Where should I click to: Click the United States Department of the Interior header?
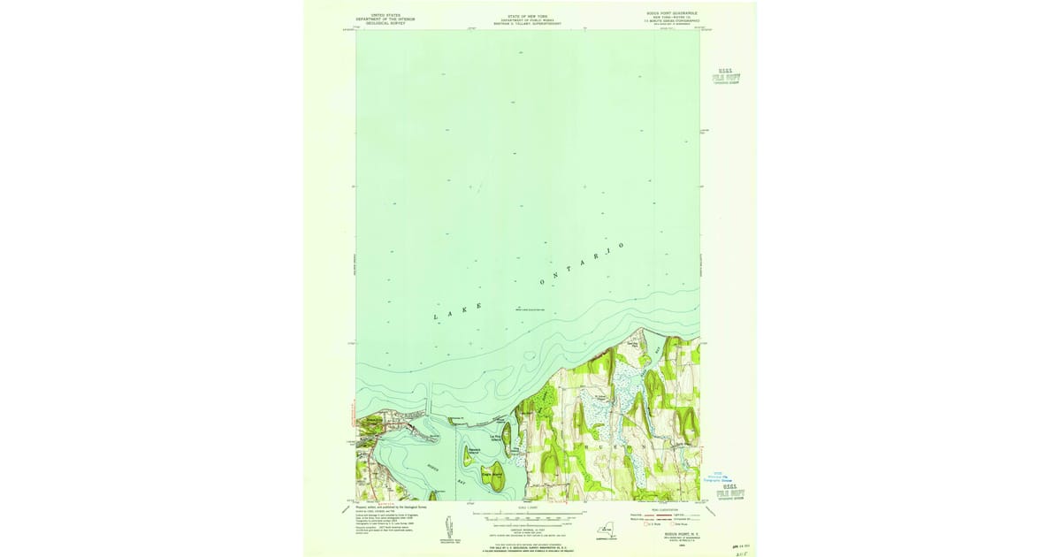tap(385, 19)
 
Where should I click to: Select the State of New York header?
tap(528, 19)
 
